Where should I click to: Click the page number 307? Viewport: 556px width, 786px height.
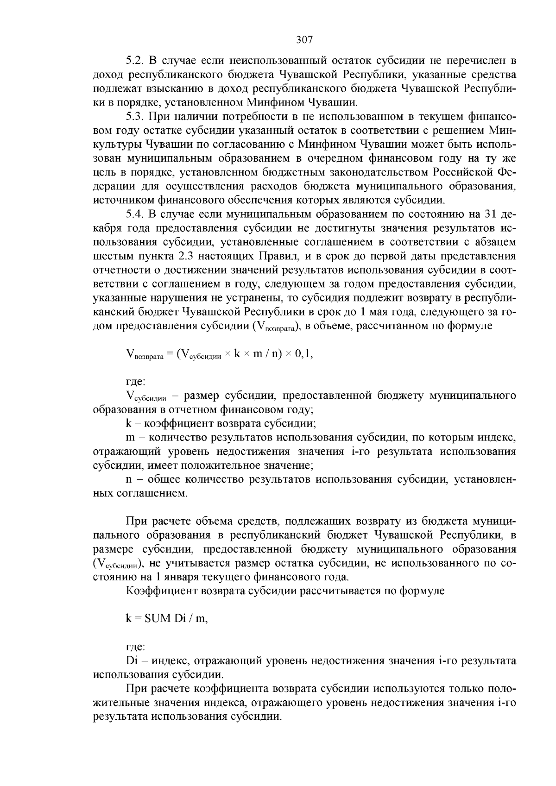click(304, 40)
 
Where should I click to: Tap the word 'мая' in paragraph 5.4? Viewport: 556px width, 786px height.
click(385, 312)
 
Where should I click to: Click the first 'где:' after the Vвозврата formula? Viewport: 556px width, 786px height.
click(136, 382)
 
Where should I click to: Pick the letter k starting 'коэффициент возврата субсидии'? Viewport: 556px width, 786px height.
click(129, 423)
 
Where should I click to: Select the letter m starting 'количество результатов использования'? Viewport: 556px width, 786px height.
click(130, 437)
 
